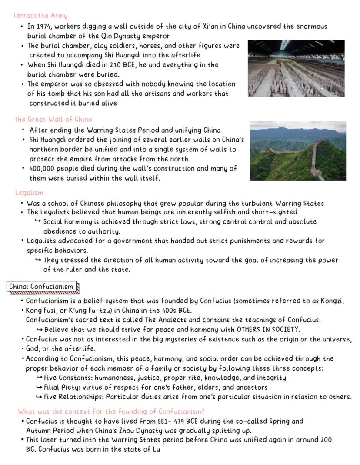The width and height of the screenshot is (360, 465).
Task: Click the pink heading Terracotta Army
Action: click(x=40, y=16)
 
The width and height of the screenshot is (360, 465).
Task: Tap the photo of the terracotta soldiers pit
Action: click(x=296, y=68)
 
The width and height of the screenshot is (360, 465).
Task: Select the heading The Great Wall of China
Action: click(x=53, y=119)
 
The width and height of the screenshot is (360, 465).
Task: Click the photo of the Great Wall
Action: click(x=298, y=151)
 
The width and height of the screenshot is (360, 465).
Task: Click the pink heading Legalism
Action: click(x=29, y=193)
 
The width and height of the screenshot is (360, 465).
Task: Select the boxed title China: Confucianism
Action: click(x=41, y=287)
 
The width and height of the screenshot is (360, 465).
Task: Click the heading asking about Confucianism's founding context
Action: click(x=111, y=411)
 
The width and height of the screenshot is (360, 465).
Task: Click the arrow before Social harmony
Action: click(x=38, y=221)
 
